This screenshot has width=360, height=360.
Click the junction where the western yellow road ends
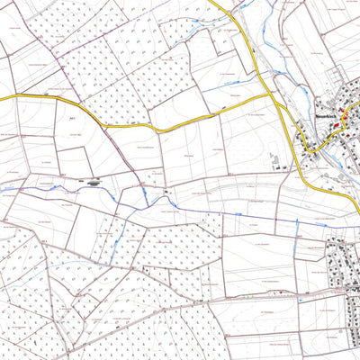(x=274, y=92)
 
